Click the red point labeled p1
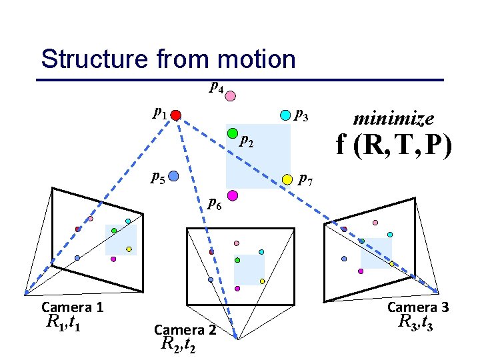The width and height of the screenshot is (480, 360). (175, 115)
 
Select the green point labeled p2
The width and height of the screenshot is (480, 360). (233, 134)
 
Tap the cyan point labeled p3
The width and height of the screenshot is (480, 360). (285, 115)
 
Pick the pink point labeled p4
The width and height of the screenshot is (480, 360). (230, 96)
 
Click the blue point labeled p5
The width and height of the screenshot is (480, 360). (173, 177)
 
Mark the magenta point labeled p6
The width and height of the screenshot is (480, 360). (233, 195)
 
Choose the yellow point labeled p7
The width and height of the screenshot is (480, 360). (287, 179)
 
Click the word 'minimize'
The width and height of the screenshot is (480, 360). (393, 119)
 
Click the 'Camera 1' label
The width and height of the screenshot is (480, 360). (72, 307)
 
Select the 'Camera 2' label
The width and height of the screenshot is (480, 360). (185, 329)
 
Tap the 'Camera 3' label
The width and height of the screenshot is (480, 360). (418, 307)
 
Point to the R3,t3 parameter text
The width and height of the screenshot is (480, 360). (417, 323)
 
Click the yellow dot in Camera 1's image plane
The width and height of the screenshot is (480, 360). (129, 249)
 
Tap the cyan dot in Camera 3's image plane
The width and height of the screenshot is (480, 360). (390, 235)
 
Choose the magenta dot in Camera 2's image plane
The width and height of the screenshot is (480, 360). (237, 289)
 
